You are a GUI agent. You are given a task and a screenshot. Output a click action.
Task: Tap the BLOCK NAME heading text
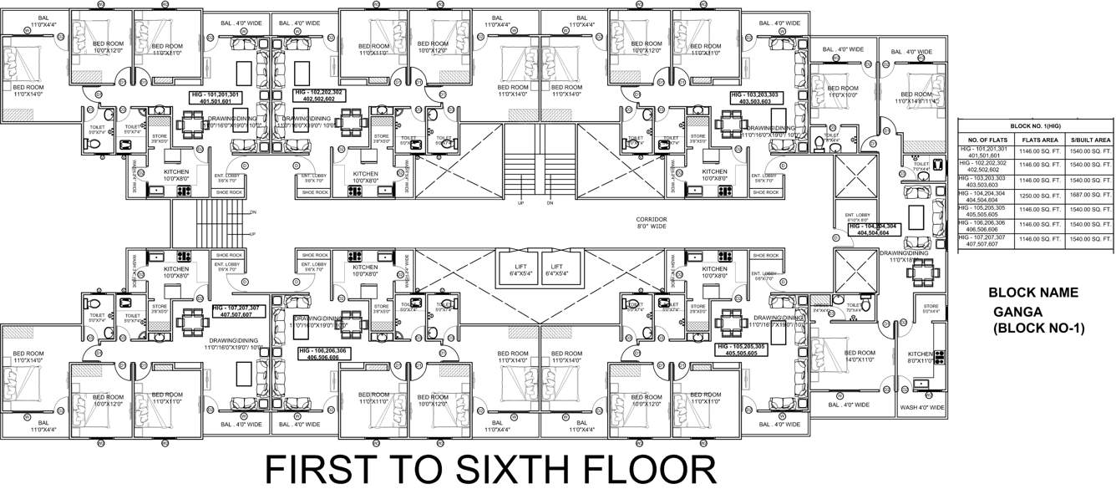(1033, 293)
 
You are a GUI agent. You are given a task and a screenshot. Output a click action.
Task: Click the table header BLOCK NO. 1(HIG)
(1036, 125)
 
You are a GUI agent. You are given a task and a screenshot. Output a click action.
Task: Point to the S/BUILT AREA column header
(1089, 140)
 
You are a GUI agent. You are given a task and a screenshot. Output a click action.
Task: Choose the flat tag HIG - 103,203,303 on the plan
(754, 98)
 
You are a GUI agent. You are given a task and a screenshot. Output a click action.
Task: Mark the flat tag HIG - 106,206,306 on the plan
(322, 354)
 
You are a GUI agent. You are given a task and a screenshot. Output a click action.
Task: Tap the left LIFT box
(518, 269)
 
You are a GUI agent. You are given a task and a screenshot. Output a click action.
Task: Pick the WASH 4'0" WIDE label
(922, 407)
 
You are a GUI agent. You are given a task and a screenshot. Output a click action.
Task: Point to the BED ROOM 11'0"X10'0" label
(842, 91)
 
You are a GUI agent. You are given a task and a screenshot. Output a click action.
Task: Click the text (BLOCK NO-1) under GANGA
(1038, 329)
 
